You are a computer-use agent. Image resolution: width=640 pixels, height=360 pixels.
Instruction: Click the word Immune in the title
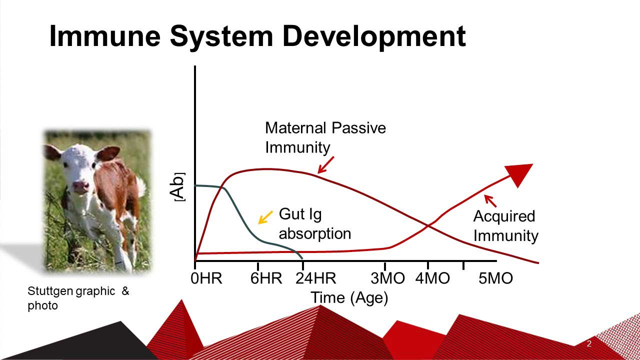pos(105,36)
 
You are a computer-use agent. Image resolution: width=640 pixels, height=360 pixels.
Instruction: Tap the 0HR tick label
pos(206,278)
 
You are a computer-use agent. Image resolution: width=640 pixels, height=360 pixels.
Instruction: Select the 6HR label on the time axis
pos(266,278)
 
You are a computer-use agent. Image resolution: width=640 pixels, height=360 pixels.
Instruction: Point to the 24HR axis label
pos(315,278)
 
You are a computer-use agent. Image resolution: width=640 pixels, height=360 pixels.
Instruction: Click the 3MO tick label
pos(387,278)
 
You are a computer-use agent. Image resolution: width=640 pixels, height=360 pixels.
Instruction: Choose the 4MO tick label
pos(432,278)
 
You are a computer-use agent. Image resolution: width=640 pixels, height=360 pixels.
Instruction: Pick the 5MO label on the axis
pos(495,278)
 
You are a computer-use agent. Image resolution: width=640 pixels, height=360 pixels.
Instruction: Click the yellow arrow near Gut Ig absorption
pos(265,217)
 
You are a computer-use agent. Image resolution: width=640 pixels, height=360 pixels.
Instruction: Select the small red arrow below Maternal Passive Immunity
pos(325,165)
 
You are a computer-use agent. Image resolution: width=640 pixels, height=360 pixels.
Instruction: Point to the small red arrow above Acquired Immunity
pos(490,201)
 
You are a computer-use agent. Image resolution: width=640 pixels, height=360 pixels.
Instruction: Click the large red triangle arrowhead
pos(520,173)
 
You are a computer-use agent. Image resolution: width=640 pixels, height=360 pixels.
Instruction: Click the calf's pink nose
pos(81,185)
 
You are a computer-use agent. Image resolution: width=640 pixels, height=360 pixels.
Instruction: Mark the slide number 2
pos(589,343)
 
